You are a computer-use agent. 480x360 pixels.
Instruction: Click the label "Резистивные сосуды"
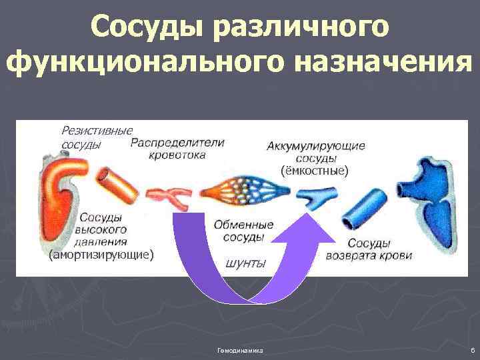[97, 137]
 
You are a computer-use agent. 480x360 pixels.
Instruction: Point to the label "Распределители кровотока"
[178, 148]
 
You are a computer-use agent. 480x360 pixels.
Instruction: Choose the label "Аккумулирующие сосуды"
[315, 152]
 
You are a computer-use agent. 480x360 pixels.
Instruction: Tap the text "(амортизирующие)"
[102, 254]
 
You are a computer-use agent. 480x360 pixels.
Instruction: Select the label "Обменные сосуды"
[244, 231]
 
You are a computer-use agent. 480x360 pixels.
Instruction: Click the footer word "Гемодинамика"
[240, 349]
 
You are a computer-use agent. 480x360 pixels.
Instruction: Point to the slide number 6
[471, 349]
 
